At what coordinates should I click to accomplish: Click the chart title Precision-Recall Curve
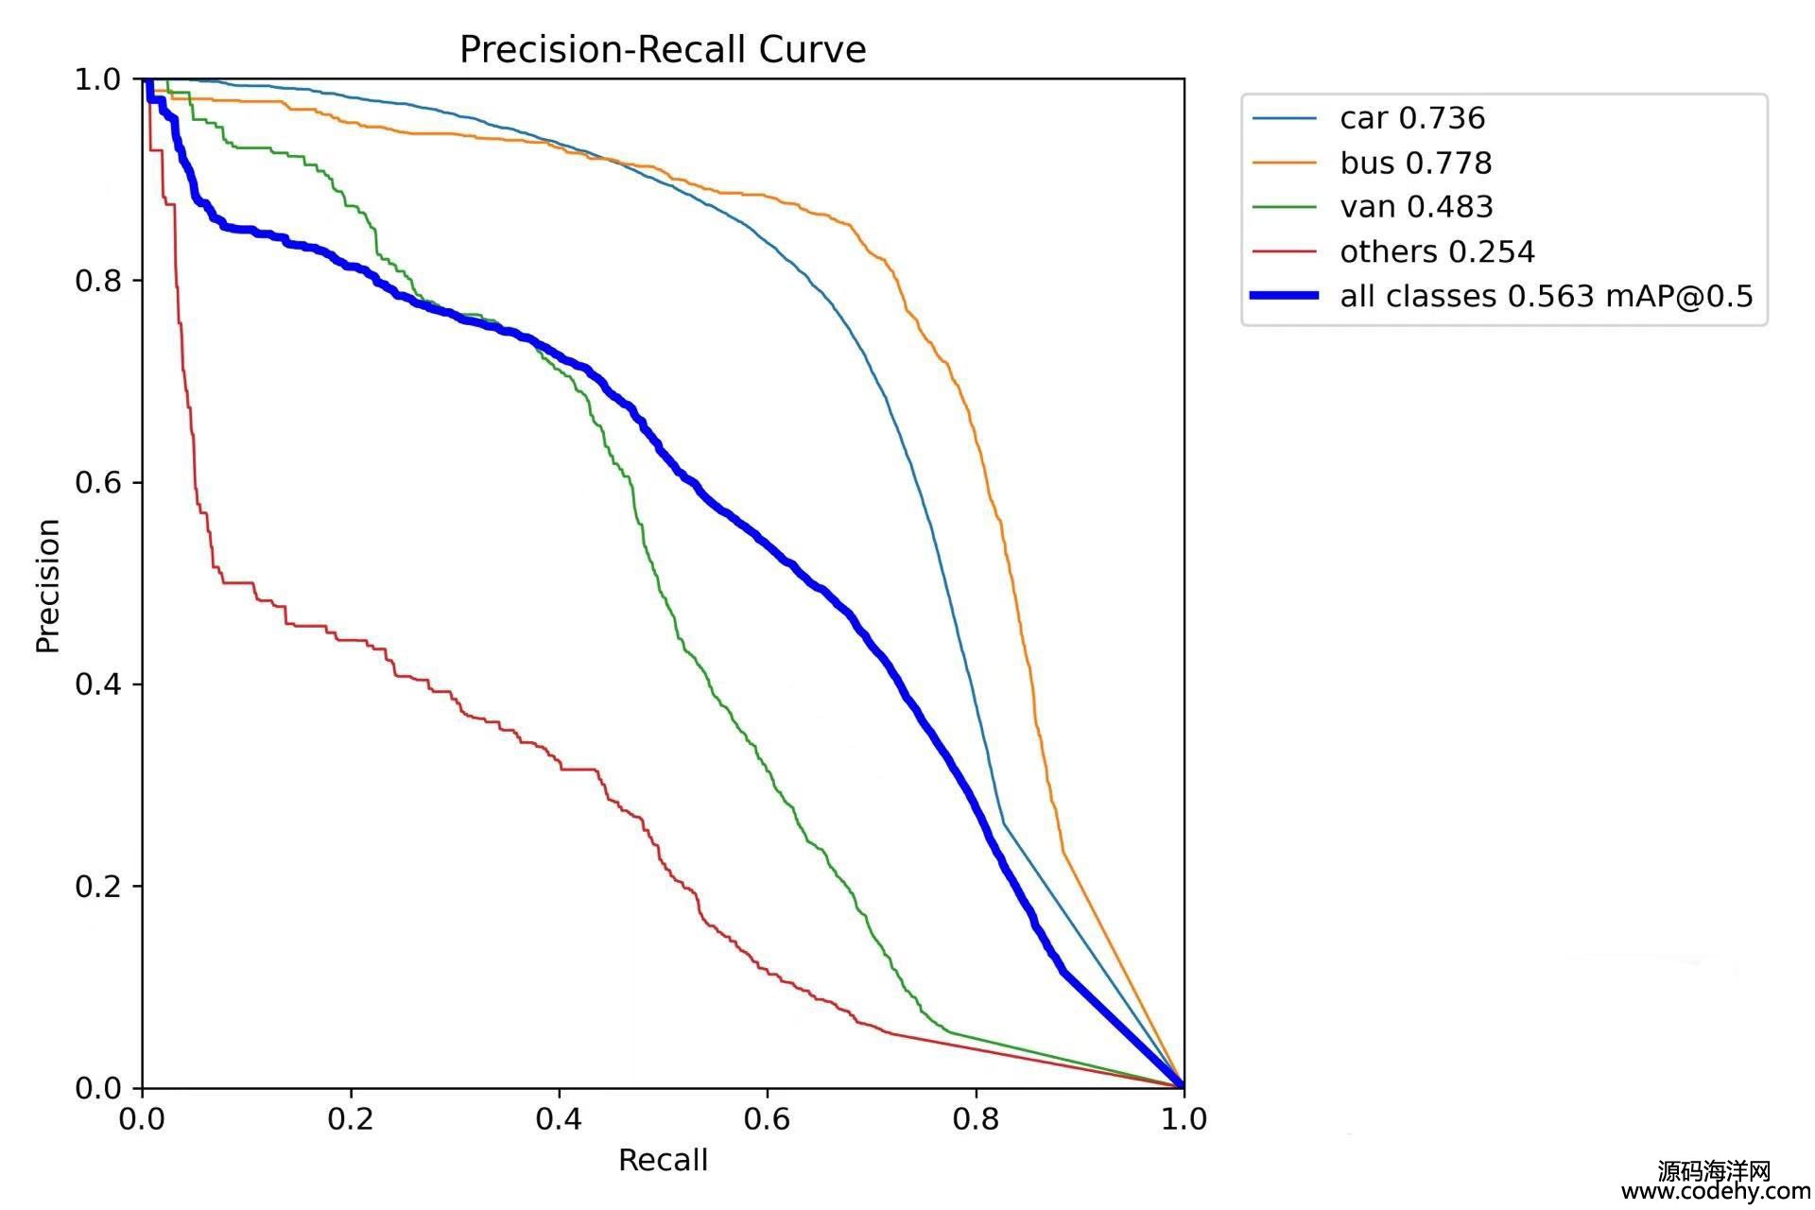pyautogui.click(x=663, y=49)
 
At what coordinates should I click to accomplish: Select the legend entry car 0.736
pyautogui.click(x=1412, y=118)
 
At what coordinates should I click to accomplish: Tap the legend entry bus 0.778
pyautogui.click(x=1415, y=163)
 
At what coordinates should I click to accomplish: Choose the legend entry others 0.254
pyautogui.click(x=1437, y=251)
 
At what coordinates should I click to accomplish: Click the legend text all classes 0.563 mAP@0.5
pyautogui.click(x=1546, y=296)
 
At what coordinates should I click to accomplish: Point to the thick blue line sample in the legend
pyautogui.click(x=1284, y=296)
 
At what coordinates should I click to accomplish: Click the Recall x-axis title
pyautogui.click(x=663, y=1160)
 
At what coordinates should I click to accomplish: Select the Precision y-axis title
pyautogui.click(x=48, y=585)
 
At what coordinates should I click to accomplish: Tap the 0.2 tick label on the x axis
pyautogui.click(x=351, y=1119)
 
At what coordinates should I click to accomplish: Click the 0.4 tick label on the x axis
pyautogui.click(x=559, y=1119)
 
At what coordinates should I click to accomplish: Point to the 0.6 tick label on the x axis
pyautogui.click(x=767, y=1119)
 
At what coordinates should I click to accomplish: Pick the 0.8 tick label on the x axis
pyautogui.click(x=976, y=1119)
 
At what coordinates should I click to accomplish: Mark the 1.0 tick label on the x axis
pyautogui.click(x=1184, y=1119)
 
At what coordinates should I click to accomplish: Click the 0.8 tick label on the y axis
pyautogui.click(x=98, y=281)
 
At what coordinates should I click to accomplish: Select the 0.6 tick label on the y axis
pyautogui.click(x=98, y=482)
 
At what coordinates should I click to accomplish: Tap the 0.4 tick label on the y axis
pyautogui.click(x=98, y=684)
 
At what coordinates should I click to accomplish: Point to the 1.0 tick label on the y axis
pyautogui.click(x=98, y=79)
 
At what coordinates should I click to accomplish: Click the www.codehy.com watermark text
pyautogui.click(x=1715, y=1193)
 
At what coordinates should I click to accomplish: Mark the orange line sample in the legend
pyautogui.click(x=1284, y=163)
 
